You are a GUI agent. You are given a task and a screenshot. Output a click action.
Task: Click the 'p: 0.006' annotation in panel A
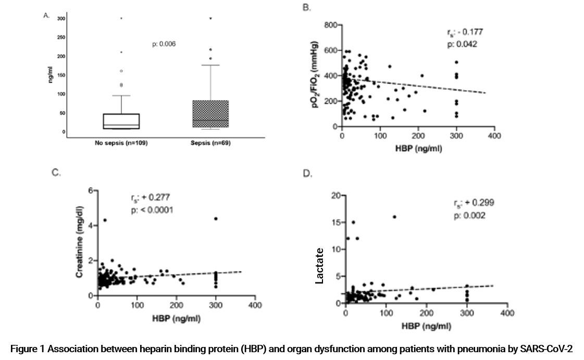pyautogui.click(x=164, y=44)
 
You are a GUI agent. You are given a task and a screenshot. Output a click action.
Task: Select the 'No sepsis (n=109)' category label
pyautogui.click(x=121, y=143)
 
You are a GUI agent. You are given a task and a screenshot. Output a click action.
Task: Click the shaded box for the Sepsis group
pyautogui.click(x=210, y=114)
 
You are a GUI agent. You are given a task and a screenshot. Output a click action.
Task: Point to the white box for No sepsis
pyautogui.click(x=121, y=121)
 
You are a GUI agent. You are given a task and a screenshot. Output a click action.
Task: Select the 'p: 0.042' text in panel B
pyautogui.click(x=462, y=44)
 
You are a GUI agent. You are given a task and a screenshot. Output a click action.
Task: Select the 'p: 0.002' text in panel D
pyautogui.click(x=469, y=215)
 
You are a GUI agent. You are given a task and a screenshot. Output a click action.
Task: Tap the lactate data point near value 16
pyautogui.click(x=394, y=217)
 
